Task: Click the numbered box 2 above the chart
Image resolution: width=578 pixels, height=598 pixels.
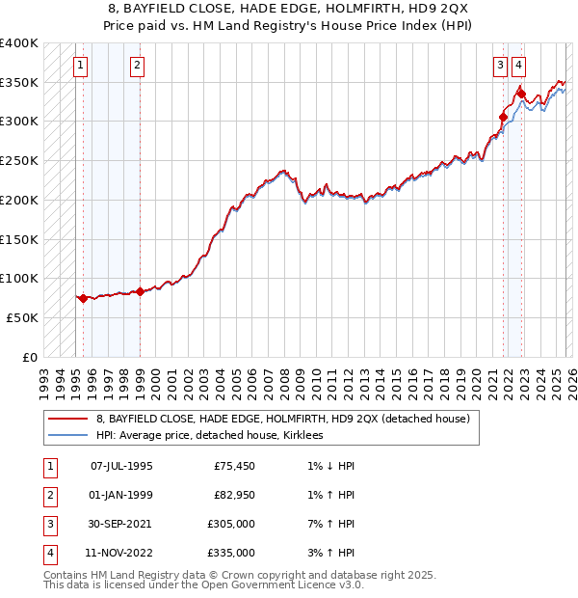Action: (137, 66)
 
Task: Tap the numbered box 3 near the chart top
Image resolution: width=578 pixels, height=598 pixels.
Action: (501, 66)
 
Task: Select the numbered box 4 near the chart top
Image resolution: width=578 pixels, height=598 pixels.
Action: (519, 66)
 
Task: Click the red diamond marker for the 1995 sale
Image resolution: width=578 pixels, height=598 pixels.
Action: (83, 298)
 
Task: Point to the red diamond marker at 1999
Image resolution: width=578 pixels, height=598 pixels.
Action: (140, 291)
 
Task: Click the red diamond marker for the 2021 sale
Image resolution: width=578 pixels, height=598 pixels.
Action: (503, 118)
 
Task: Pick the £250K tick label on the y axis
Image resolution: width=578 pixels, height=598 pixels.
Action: (19, 161)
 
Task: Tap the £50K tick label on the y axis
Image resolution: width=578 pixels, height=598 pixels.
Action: (23, 317)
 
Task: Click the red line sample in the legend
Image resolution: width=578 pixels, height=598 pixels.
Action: (68, 419)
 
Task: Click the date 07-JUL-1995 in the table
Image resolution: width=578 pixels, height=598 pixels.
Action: (121, 466)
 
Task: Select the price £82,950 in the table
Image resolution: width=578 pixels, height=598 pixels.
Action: (231, 495)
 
